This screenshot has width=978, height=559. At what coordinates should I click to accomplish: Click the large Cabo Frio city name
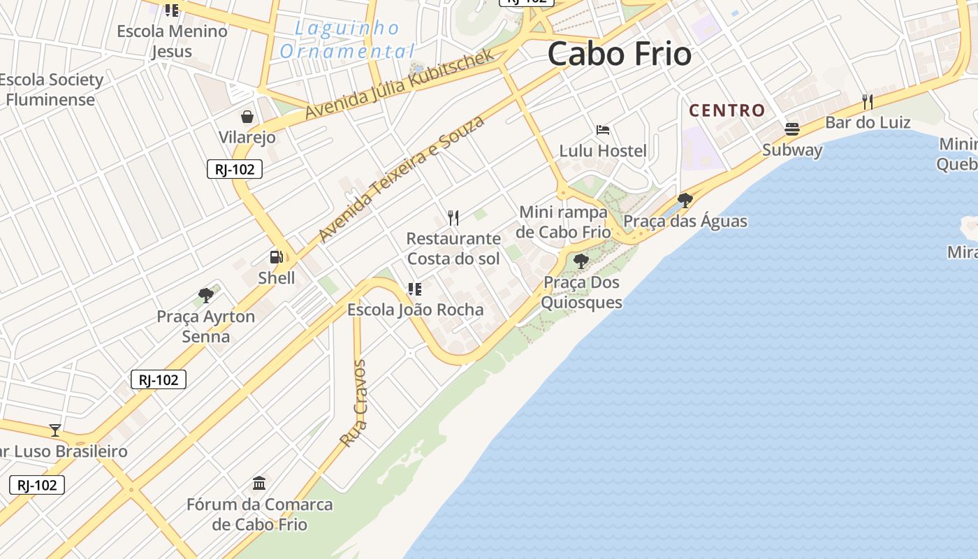(x=619, y=54)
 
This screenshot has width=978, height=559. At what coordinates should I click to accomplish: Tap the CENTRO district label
(x=727, y=110)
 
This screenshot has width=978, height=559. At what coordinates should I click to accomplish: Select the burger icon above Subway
(x=791, y=129)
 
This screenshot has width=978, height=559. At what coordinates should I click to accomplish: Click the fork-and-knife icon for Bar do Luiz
(x=868, y=102)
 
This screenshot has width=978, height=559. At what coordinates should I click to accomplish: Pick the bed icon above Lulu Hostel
(x=603, y=130)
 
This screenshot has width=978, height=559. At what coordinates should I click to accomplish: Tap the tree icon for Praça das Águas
(x=685, y=201)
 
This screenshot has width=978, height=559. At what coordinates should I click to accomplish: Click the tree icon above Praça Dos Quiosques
(x=581, y=261)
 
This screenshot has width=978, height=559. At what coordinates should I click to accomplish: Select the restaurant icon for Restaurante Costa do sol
(x=453, y=217)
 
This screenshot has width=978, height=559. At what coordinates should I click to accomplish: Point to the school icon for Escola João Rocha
(x=415, y=289)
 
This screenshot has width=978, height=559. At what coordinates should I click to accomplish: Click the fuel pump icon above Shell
(x=277, y=257)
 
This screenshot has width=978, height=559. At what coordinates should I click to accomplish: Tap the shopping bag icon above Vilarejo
(x=247, y=116)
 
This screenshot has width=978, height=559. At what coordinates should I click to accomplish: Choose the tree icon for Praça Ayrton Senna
(x=205, y=295)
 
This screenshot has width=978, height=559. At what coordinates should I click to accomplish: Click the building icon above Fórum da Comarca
(x=260, y=483)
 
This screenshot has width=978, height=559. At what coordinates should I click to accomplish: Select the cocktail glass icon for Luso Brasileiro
(x=55, y=430)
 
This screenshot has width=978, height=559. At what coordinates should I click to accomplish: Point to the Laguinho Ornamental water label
(x=347, y=40)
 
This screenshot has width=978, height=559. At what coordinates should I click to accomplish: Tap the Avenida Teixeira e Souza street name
(x=401, y=179)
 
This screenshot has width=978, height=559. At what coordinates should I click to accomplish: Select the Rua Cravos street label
(x=353, y=404)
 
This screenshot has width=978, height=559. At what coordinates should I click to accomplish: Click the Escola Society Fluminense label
(x=51, y=89)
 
